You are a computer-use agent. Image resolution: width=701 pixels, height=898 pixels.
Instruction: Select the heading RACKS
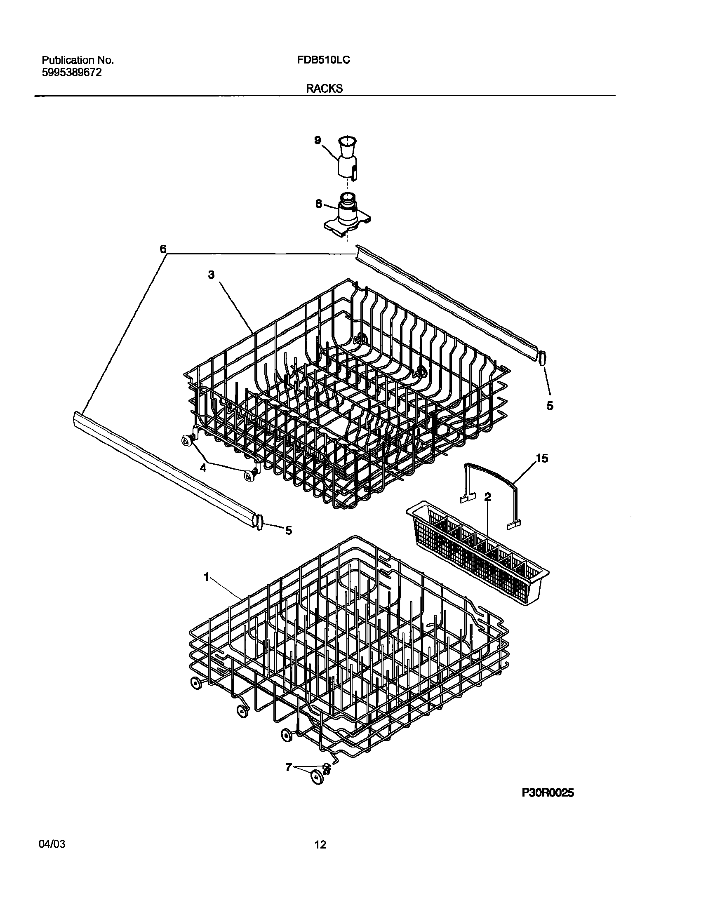(x=324, y=89)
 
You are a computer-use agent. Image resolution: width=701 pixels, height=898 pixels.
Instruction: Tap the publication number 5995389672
(x=72, y=73)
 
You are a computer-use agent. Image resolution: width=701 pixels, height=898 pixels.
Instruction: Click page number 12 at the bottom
(x=320, y=846)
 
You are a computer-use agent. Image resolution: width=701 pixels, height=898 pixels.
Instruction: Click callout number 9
(x=317, y=140)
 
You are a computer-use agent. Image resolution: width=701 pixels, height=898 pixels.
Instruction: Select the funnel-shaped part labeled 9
(x=347, y=159)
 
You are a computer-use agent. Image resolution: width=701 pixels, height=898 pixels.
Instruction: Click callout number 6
(x=163, y=249)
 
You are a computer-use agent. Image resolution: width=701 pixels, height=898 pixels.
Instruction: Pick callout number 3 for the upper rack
(x=211, y=275)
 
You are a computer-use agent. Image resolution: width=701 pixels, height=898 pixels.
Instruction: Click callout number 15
(x=542, y=458)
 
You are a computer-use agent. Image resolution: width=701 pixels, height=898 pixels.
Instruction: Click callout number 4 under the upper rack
(x=203, y=468)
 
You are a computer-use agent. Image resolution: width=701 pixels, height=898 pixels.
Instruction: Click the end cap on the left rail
(x=259, y=522)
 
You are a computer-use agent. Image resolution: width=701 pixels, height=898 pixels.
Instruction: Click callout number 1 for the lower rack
(x=207, y=577)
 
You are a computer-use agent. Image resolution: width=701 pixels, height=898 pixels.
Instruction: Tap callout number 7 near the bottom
(x=289, y=767)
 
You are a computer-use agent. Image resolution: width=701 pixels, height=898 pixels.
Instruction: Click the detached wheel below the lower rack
(x=317, y=776)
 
